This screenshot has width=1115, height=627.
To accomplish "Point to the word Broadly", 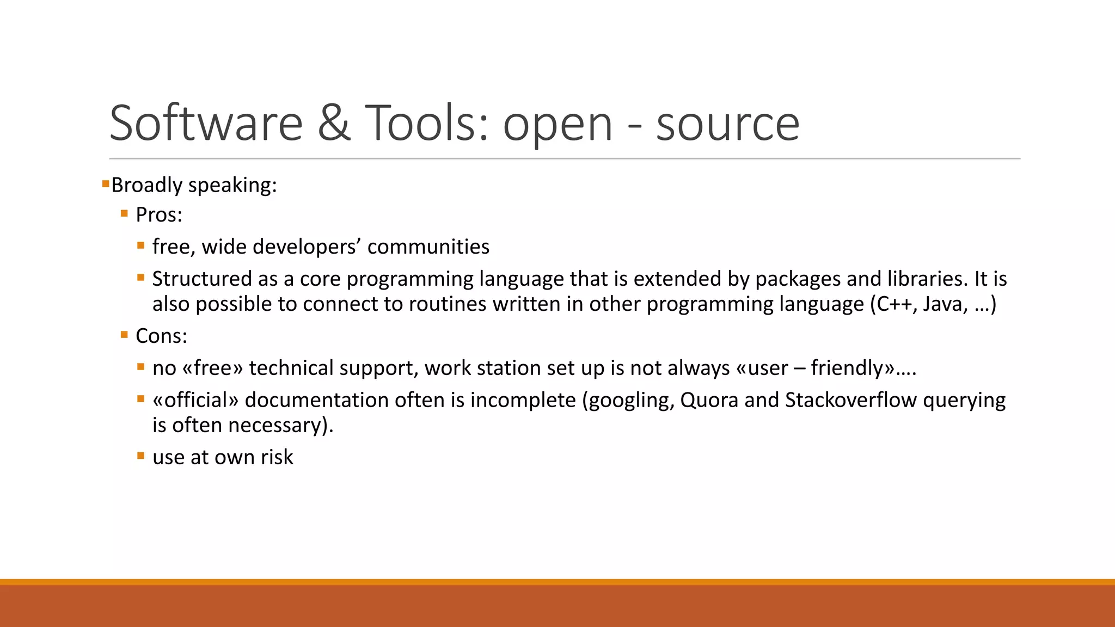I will click(x=146, y=185).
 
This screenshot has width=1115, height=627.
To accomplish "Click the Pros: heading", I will click(x=158, y=215).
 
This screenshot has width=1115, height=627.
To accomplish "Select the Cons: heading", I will click(x=161, y=336).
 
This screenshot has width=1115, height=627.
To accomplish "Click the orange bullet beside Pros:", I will click(x=124, y=214).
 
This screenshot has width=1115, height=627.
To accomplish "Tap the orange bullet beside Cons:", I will click(x=124, y=335).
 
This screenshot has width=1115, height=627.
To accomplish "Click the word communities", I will click(x=428, y=247).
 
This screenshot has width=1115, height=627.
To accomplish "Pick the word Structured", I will click(x=202, y=279).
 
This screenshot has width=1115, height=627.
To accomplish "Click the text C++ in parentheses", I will click(x=895, y=304).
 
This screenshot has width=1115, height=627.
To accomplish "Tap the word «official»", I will click(x=195, y=400).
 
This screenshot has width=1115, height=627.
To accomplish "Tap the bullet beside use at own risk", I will click(x=141, y=456).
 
